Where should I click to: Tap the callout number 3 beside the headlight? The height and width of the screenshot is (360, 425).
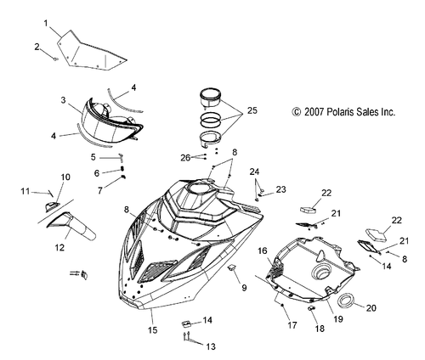[x=63, y=100]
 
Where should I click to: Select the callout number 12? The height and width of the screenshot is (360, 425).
[x=59, y=247]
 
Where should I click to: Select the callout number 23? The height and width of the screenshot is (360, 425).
[x=281, y=188]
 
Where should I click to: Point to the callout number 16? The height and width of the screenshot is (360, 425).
[x=263, y=250]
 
